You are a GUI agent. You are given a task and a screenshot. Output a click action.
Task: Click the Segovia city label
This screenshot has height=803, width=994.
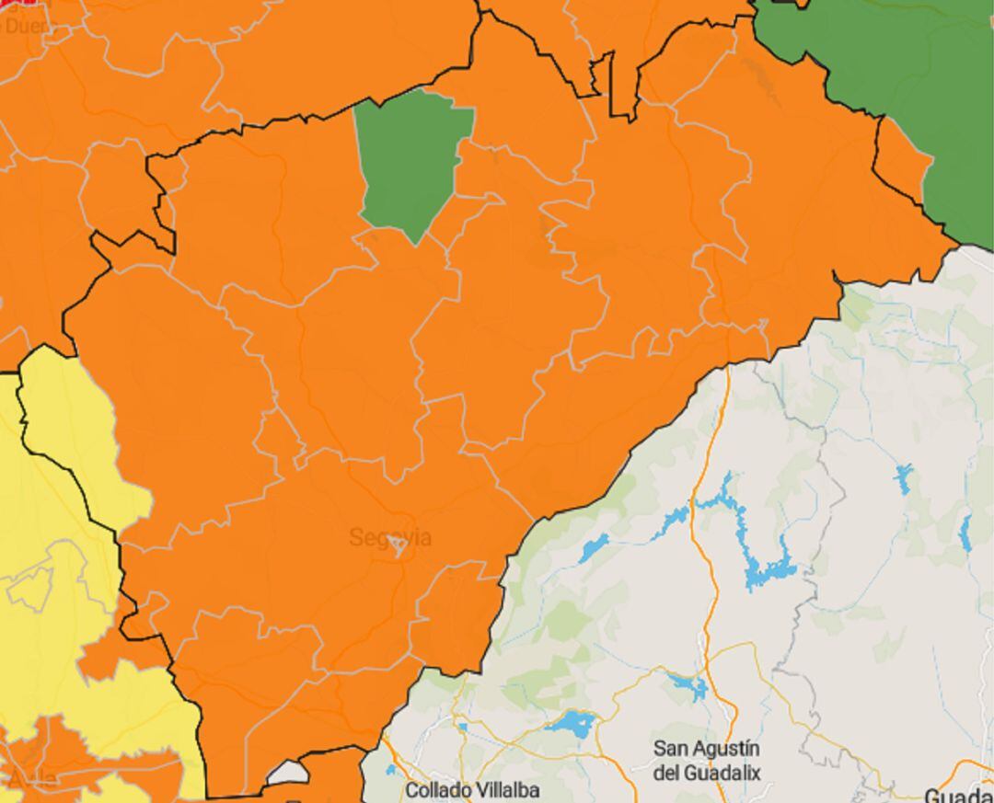389,538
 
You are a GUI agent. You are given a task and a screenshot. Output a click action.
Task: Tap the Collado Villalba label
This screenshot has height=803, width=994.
472,789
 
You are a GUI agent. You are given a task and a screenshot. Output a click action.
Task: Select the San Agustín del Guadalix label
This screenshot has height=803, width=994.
707,760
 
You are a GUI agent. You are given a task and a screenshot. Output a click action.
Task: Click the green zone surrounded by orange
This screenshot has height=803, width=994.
410,161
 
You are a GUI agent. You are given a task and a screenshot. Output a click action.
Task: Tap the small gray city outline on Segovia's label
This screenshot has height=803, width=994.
398,547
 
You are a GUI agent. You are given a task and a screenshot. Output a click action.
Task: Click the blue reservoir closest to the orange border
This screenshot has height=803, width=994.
594,548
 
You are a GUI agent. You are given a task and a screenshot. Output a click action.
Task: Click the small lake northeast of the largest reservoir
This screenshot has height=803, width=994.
904,478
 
